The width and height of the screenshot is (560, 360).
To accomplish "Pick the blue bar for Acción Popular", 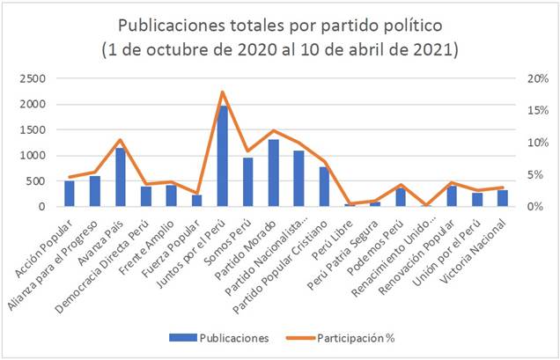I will coord(70,194).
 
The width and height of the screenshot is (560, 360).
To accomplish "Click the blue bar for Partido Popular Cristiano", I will coord(325,187).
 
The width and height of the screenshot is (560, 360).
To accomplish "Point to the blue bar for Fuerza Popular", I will coord(197,201).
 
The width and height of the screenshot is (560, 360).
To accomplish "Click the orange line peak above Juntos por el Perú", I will coord(223,92).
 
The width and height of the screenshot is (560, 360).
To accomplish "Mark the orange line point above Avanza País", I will coord(121,140).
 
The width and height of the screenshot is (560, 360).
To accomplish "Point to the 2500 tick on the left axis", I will coord(33,78).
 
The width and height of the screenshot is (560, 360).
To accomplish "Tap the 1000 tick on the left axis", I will coord(33,156).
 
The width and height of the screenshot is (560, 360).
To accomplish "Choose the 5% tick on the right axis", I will coord(532,175).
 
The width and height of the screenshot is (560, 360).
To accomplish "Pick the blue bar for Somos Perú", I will coord(248,182).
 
